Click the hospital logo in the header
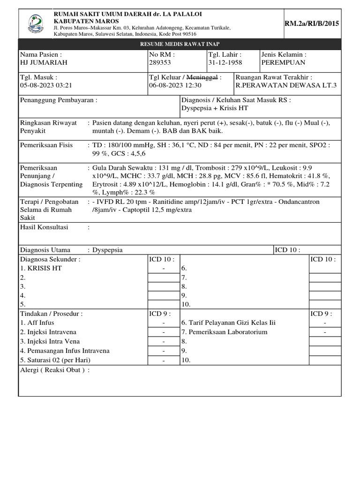point(36,22)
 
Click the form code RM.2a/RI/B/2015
point(312,24)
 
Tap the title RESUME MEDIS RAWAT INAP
point(180,44)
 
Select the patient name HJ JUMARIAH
point(44,62)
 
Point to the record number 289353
point(160,62)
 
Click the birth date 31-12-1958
point(225,62)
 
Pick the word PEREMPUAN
point(283,62)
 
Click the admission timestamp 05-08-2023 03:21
point(46,85)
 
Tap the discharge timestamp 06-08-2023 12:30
point(175,85)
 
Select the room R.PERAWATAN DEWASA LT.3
point(286,85)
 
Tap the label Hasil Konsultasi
point(44,227)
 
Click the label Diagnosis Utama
point(47,250)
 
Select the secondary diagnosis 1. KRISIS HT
point(41,268)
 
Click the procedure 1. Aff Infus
point(37,323)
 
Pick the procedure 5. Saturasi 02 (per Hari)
point(55,360)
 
